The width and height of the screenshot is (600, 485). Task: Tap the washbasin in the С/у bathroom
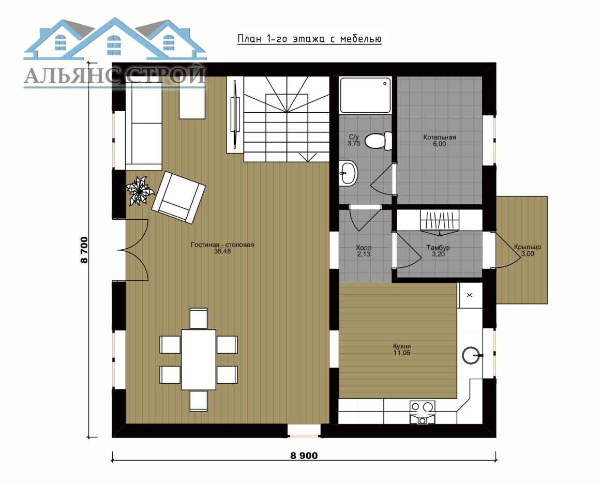pos(348,173)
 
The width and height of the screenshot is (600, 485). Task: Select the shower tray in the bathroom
pos(366,95)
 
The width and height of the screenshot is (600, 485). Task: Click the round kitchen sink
pos(471,355)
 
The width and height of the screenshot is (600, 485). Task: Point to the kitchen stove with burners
pos(422,412)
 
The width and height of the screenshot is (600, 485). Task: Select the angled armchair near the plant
pos(178,198)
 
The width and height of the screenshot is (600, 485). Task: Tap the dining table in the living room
pos(199,359)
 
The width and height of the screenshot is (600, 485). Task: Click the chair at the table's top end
pos(199,318)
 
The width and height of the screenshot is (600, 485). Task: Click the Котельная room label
pos(439,137)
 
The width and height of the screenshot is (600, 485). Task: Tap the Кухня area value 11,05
pos(402,353)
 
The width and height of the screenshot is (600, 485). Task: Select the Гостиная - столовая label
pos(222,245)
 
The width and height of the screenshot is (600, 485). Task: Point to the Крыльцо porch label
pos(527,247)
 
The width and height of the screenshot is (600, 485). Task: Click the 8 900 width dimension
pos(304,456)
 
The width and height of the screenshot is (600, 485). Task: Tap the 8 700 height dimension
pos(84,250)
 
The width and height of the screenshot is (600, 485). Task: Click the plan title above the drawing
pos(309,39)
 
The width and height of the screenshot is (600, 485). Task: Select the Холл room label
pos(364,248)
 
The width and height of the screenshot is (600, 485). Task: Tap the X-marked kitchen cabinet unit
pos(470,296)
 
